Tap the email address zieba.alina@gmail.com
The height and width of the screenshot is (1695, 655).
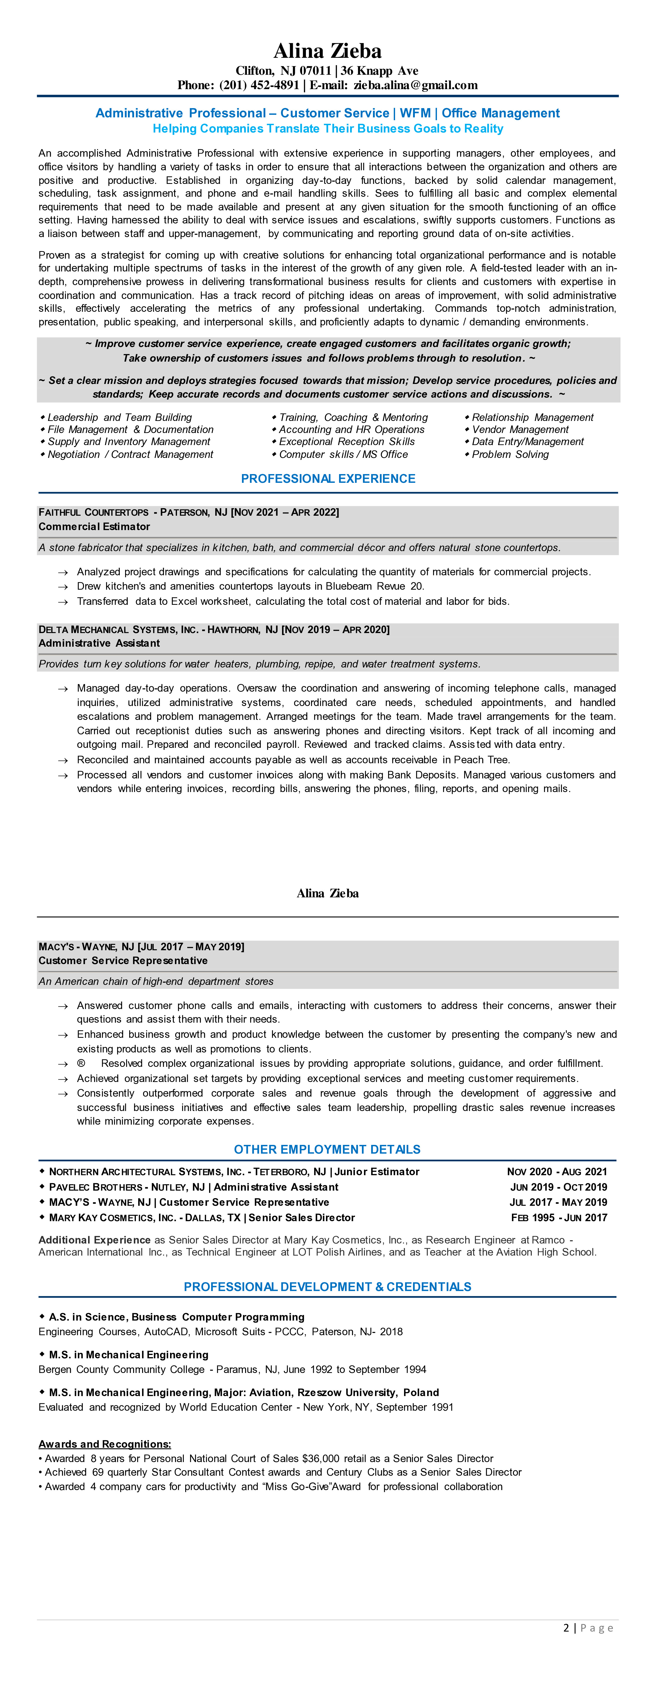click(x=415, y=85)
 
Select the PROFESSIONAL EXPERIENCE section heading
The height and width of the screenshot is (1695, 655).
click(x=328, y=478)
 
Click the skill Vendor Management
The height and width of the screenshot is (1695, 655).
click(x=520, y=429)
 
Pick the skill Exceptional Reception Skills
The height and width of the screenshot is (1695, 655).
click(x=347, y=441)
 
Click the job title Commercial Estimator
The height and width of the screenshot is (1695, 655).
click(x=94, y=526)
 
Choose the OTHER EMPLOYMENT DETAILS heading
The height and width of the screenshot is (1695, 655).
click(x=327, y=1150)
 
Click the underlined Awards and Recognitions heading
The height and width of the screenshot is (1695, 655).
click(x=105, y=1444)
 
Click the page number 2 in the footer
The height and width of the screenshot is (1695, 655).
click(x=566, y=1627)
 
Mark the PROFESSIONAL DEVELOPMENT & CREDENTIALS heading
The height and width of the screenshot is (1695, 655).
click(x=327, y=1286)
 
